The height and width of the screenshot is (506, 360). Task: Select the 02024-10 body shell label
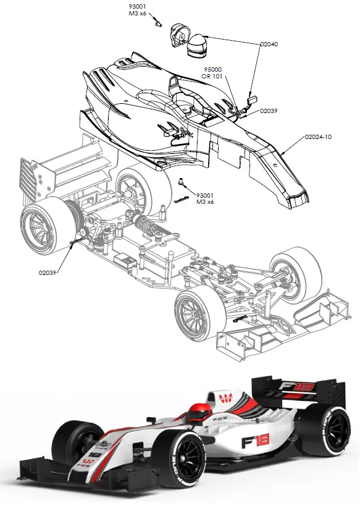pos(318,137)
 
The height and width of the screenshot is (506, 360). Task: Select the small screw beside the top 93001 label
pos(159,23)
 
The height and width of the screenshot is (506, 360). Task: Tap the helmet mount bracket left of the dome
pos(177,33)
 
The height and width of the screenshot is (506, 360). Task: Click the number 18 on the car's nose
pos(94,455)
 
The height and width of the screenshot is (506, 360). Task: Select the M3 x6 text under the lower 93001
pos(204,202)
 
